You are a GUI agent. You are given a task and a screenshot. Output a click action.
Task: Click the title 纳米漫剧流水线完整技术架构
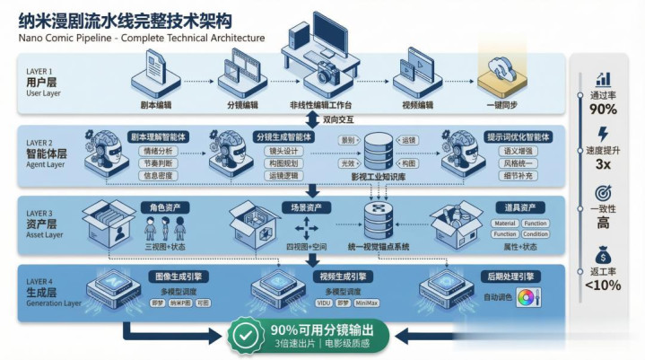[126, 19]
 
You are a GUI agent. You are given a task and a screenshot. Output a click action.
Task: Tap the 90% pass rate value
[603, 110]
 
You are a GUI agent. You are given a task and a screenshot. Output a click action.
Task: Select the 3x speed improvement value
[603, 164]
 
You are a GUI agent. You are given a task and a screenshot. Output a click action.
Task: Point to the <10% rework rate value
[603, 285]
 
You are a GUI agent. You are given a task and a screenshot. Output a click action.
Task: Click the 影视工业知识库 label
[379, 179]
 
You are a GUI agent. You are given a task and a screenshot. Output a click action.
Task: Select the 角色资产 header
[165, 207]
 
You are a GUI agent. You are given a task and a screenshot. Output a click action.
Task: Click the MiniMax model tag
[379, 303]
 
